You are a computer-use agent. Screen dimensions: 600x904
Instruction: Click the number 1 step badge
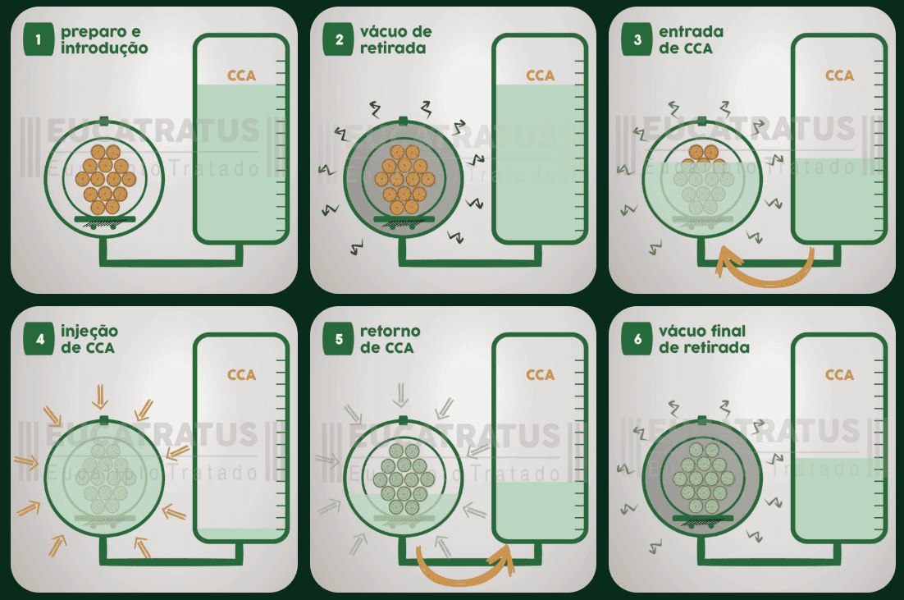38,40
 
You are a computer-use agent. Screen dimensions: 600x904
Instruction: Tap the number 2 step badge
338,40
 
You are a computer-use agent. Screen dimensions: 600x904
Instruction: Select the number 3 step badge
637,40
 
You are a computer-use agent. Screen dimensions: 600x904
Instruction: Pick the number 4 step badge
38,340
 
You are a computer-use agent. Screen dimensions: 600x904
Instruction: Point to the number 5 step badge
338,340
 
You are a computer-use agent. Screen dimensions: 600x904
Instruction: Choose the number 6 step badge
637,340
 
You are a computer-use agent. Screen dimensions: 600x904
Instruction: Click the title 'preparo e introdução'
103,40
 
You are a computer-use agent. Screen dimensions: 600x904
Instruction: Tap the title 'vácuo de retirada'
395,40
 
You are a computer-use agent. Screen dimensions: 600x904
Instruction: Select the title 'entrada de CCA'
691,40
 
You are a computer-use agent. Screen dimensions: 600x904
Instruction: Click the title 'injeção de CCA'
88,339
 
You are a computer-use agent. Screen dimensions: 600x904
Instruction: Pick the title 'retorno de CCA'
390,339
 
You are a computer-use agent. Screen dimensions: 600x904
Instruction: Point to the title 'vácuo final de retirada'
703,339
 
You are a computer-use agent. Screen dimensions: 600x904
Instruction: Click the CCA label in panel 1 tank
241,76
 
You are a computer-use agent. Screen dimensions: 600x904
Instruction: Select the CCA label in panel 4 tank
241,375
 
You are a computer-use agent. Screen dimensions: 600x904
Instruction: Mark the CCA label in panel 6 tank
839,375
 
